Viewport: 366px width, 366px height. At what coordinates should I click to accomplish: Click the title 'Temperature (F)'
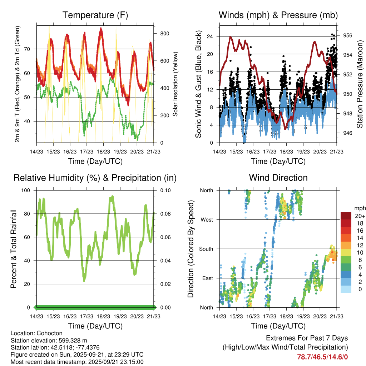point(95,15)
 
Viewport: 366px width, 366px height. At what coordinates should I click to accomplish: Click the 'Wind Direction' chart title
point(278,178)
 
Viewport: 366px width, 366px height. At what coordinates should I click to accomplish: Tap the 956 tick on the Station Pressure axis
point(348,35)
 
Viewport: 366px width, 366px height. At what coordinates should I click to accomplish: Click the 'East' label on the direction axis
point(207,278)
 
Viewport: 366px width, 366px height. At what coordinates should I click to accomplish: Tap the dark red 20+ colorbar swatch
point(346,216)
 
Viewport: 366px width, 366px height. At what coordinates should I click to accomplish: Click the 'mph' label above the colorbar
point(359,208)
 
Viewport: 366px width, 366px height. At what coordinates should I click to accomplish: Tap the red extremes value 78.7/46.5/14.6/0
point(322,357)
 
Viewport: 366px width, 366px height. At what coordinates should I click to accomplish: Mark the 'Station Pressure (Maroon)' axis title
point(360,84)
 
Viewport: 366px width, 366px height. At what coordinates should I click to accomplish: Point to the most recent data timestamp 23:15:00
point(132,362)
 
